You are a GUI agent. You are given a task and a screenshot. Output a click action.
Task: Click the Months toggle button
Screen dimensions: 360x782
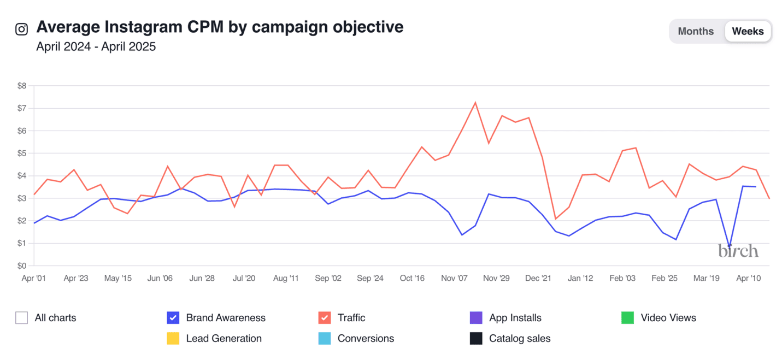click(x=696, y=31)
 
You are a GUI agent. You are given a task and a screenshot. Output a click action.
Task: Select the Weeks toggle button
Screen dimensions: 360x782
click(x=748, y=31)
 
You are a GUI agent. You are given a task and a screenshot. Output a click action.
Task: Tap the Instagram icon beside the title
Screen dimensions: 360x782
click(x=21, y=29)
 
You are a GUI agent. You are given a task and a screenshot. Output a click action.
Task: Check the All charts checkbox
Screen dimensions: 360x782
click(x=22, y=317)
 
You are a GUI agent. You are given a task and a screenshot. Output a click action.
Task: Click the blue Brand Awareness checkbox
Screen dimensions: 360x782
click(x=173, y=317)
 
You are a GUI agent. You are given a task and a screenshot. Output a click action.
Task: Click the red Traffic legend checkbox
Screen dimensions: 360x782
click(x=325, y=317)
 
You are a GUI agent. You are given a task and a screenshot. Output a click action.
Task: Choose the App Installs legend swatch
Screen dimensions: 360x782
click(x=476, y=317)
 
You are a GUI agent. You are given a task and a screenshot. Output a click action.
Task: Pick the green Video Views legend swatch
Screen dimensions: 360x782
click(x=627, y=317)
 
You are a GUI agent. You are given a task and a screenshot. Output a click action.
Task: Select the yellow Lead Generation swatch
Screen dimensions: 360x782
click(x=173, y=338)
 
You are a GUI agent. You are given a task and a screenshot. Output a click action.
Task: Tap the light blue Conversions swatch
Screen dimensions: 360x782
click(x=325, y=338)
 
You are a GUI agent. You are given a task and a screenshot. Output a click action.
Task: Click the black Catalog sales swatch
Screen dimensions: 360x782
click(x=476, y=338)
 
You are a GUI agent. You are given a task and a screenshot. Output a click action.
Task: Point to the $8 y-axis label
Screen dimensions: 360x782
click(x=22, y=86)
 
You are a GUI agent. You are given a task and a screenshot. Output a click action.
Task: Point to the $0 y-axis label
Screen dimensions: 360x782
click(x=22, y=266)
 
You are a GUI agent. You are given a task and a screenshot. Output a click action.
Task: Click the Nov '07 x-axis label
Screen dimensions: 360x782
click(x=454, y=278)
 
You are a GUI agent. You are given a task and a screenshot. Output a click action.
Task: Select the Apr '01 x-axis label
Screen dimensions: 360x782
click(x=34, y=278)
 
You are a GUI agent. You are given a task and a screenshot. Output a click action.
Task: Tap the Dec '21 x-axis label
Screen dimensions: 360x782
click(x=538, y=278)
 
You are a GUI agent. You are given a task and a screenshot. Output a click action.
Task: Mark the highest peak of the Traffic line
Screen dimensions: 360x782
click(x=475, y=102)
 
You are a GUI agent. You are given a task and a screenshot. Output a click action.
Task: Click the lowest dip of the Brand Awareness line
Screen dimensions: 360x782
click(x=730, y=246)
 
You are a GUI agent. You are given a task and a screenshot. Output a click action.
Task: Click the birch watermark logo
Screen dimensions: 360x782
click(x=738, y=251)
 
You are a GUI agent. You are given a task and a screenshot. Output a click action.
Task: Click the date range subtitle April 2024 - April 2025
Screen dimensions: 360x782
click(x=96, y=46)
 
